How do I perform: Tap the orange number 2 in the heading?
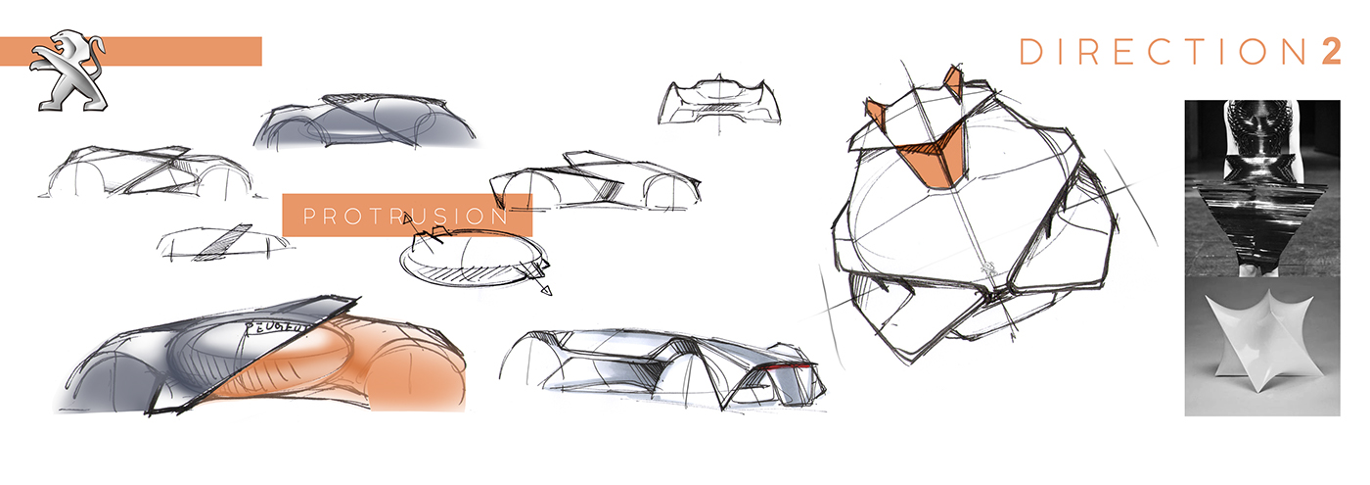click(x=1331, y=52)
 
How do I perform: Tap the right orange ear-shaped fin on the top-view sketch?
click(x=950, y=82)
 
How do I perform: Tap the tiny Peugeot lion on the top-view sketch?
click(x=988, y=268)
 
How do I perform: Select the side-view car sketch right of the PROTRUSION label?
click(x=597, y=182)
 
